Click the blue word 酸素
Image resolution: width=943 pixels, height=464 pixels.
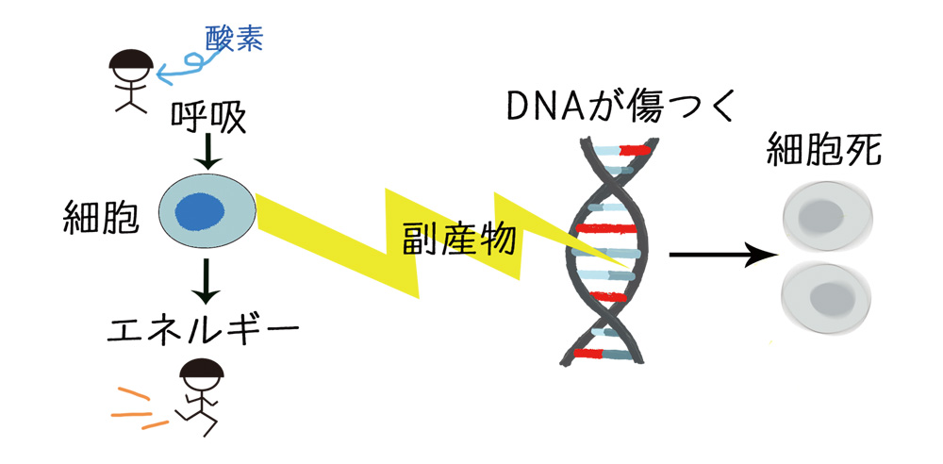pyautogui.click(x=234, y=39)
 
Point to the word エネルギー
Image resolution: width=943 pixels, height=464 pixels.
pyautogui.click(x=203, y=330)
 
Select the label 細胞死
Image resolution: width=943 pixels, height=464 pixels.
pyautogui.click(x=833, y=149)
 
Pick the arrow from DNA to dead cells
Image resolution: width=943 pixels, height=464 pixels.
pyautogui.click(x=721, y=255)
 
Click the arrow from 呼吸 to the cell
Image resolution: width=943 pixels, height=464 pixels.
pyautogui.click(x=207, y=151)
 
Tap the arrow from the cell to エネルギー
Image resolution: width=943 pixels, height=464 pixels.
pyautogui.click(x=207, y=279)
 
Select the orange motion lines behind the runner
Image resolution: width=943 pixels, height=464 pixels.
pyautogui.click(x=132, y=407)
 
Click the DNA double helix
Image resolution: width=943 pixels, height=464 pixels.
pyautogui.click(x=613, y=255)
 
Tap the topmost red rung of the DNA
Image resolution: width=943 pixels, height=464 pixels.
pyautogui.click(x=635, y=149)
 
